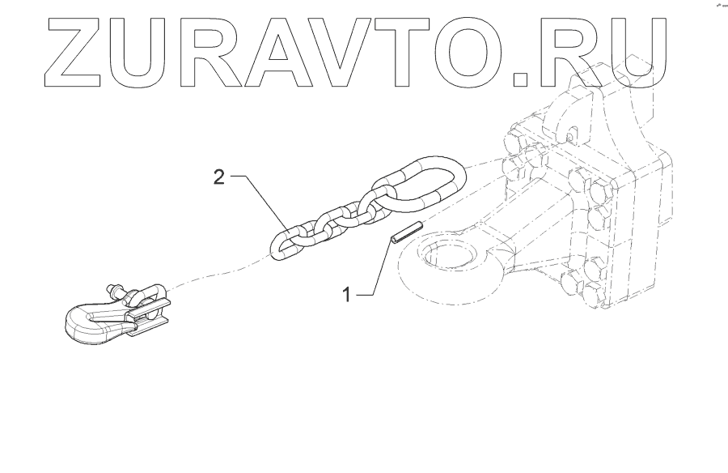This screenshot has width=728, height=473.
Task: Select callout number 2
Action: coord(218,177)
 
